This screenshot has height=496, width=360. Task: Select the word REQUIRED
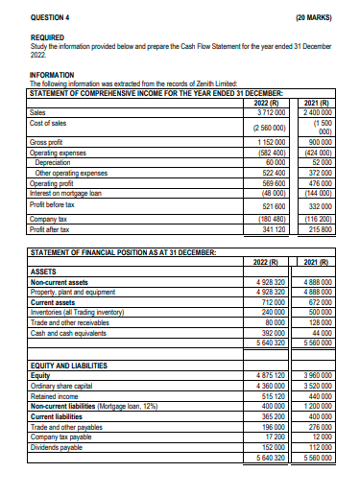tap(48, 37)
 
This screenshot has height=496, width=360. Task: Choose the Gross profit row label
tap(50, 142)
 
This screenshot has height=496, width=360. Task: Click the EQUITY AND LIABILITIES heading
tap(72, 366)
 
